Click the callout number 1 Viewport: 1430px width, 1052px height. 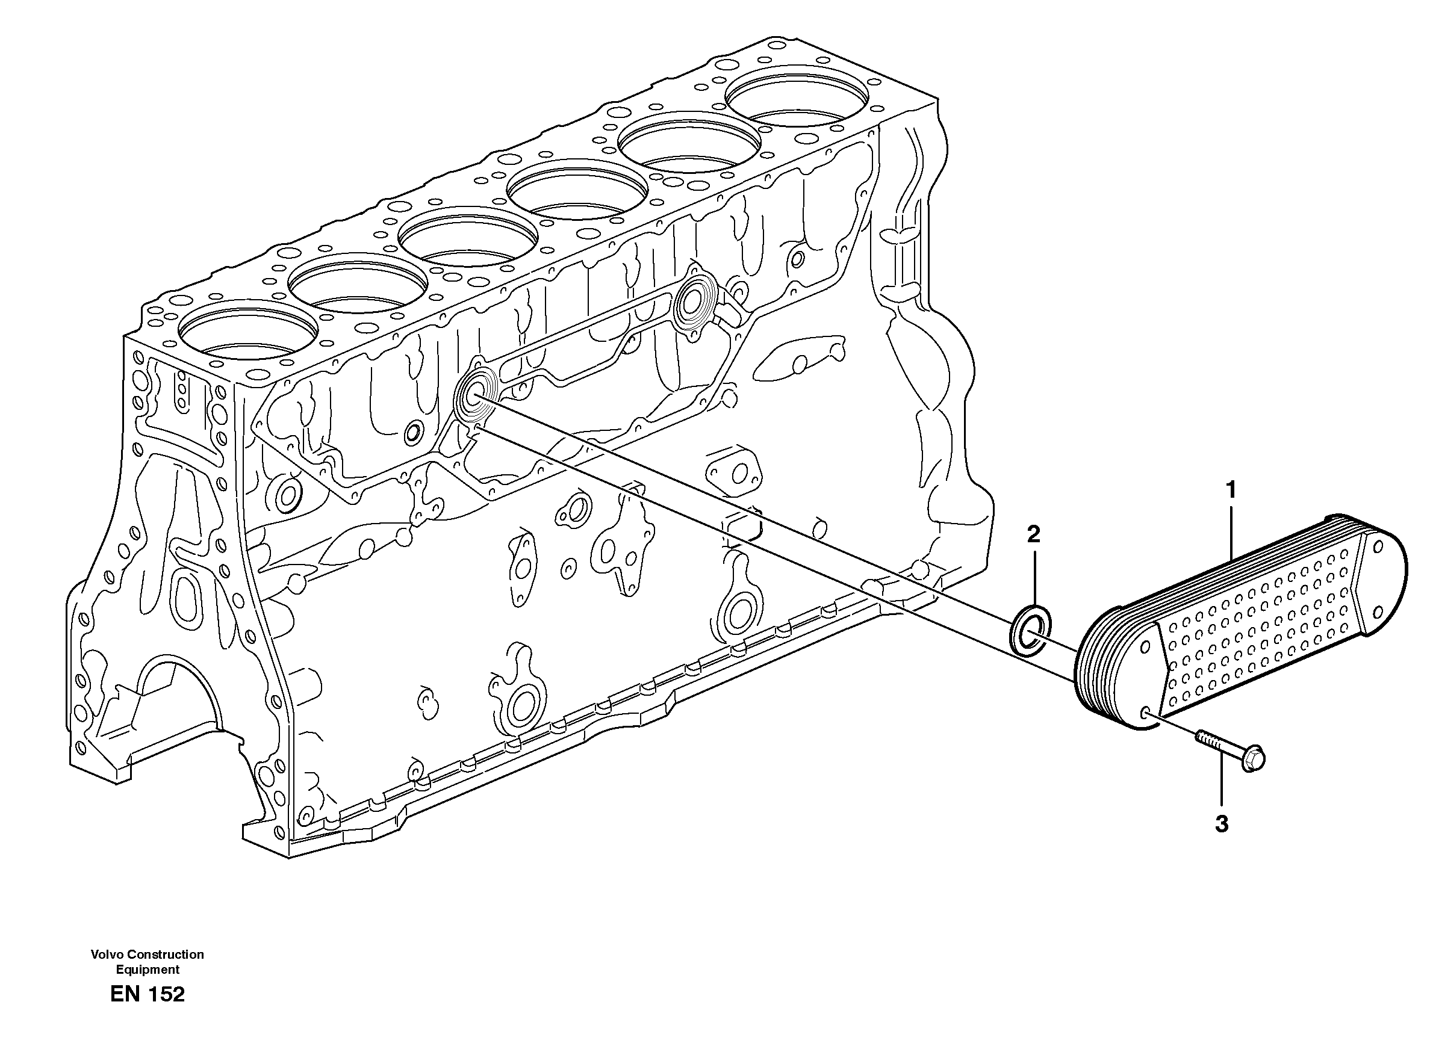tap(1231, 490)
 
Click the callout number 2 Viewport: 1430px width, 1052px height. tap(1033, 534)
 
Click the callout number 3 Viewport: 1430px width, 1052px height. tap(1221, 824)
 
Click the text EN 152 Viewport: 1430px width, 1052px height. tap(147, 994)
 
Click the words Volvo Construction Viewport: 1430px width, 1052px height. tap(147, 954)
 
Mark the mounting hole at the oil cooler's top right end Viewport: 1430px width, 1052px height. tap(1378, 548)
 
